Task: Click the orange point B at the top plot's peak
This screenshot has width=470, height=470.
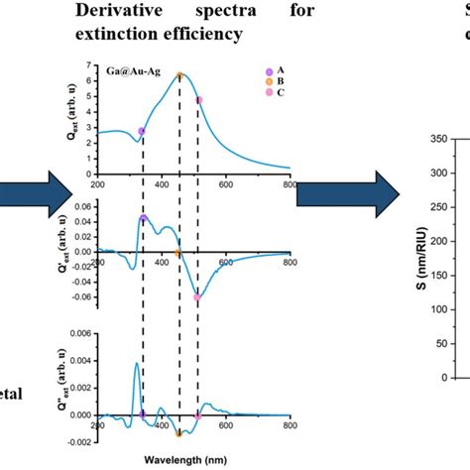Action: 179,75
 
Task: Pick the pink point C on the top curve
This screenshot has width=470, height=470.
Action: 198,100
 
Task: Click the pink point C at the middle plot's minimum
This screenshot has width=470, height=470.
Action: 197,296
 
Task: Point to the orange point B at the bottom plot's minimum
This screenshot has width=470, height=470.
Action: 179,432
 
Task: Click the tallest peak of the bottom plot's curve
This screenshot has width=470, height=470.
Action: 136,364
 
